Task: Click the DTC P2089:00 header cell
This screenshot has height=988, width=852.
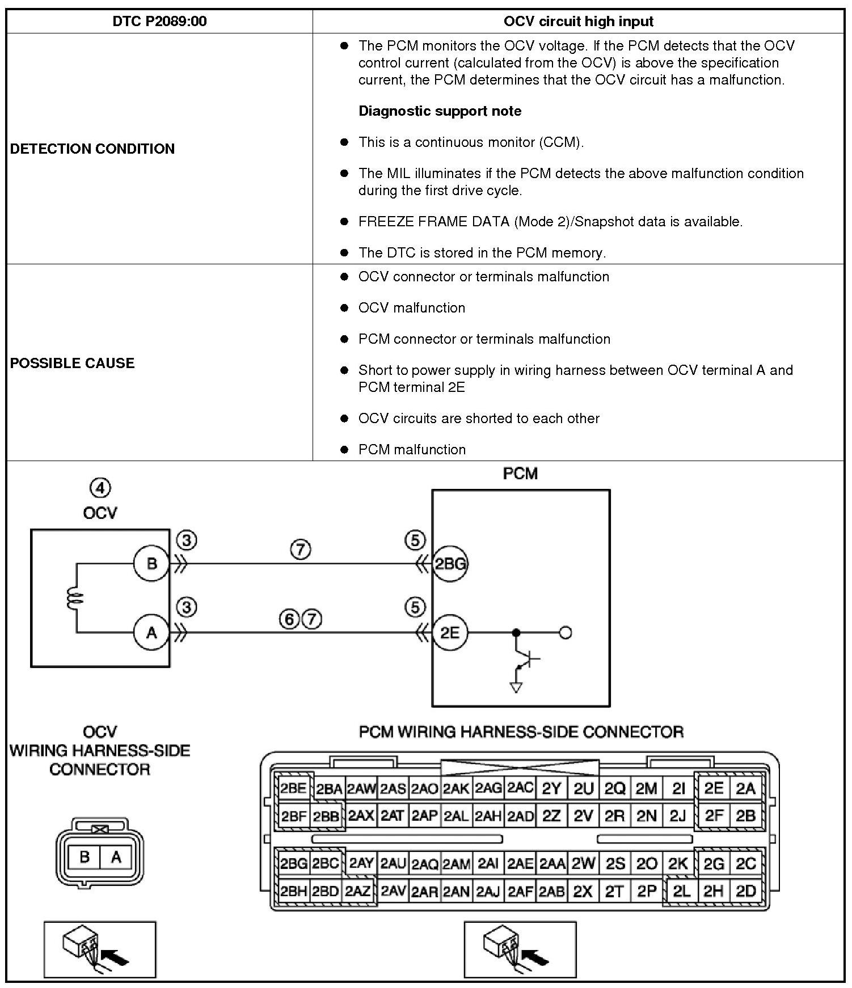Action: point(159,22)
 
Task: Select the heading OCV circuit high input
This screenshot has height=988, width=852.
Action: point(578,22)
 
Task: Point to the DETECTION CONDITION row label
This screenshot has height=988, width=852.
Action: point(92,149)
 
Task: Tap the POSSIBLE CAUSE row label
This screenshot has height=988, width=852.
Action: point(72,363)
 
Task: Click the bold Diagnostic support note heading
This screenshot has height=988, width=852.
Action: point(440,111)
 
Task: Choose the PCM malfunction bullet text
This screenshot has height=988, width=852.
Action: point(412,449)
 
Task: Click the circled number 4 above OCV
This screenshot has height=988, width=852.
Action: point(100,488)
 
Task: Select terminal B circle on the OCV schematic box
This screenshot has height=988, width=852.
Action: point(151,564)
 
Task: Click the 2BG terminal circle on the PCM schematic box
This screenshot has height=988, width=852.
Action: point(450,564)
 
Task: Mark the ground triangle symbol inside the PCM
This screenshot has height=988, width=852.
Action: point(516,687)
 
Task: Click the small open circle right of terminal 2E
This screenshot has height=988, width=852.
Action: point(565,632)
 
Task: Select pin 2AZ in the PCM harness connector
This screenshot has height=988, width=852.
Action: point(358,891)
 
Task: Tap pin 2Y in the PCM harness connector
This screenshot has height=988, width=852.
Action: point(551,788)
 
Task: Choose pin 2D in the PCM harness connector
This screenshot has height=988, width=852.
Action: point(745,891)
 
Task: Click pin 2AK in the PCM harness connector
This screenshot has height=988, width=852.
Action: point(456,788)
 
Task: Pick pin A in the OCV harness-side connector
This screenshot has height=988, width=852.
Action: point(116,857)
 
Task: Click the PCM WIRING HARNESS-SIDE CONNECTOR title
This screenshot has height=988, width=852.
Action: point(521,732)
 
